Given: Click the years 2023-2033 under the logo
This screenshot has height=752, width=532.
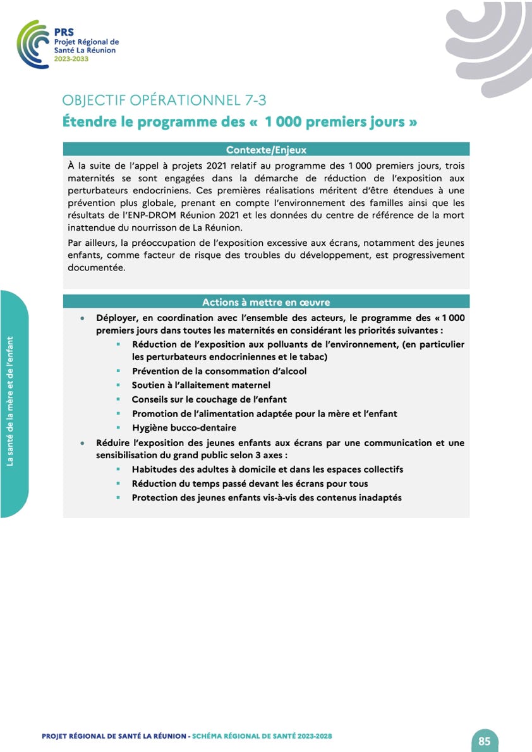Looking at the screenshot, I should [x=71, y=59].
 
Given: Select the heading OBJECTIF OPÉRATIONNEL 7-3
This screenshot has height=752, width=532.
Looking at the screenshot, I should [x=168, y=100].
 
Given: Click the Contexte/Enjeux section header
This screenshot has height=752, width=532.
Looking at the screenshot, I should [x=266, y=150].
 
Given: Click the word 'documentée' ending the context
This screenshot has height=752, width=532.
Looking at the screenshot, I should [x=97, y=267].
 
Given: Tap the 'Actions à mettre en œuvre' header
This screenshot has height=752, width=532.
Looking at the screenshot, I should [x=266, y=302].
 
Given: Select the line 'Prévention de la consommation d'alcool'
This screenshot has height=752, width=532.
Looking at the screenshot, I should [x=219, y=371].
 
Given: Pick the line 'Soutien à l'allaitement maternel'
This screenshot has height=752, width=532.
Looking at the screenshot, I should [x=201, y=385].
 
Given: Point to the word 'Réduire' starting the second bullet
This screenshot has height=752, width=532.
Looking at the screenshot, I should [x=114, y=443].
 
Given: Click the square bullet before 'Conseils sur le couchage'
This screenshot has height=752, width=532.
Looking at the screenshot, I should [x=118, y=399].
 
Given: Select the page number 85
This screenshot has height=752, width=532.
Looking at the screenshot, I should [x=485, y=741].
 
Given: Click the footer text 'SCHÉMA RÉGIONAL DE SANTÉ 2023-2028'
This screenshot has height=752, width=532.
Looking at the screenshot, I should [x=262, y=736].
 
